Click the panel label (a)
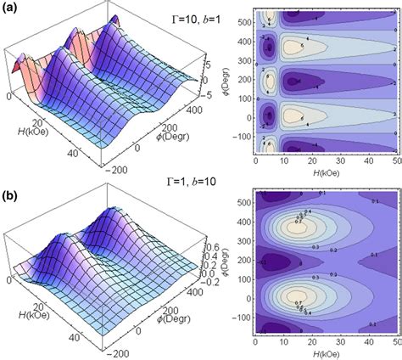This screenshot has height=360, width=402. coord(11,8)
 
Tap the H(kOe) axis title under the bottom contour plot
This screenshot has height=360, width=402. coord(327,355)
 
